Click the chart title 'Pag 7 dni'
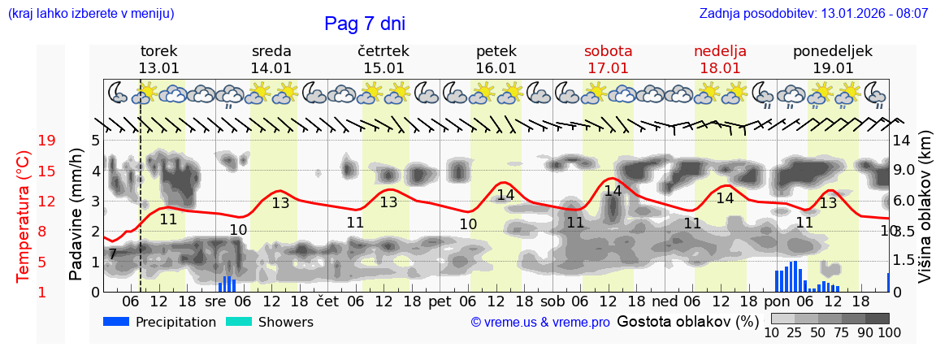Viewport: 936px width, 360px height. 364,24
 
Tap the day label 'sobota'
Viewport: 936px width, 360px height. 608,51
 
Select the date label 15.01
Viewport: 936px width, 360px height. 383,68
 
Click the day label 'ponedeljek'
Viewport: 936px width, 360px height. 833,51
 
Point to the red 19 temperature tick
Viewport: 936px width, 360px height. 46,141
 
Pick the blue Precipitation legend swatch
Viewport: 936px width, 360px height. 117,322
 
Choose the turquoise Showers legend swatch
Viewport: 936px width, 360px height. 239,322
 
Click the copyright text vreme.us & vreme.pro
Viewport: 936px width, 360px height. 540,323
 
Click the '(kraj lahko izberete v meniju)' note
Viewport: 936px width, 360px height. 91,14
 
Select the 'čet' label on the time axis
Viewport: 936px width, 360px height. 327,301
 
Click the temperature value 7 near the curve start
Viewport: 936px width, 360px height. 112,254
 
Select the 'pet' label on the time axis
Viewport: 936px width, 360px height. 440,301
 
